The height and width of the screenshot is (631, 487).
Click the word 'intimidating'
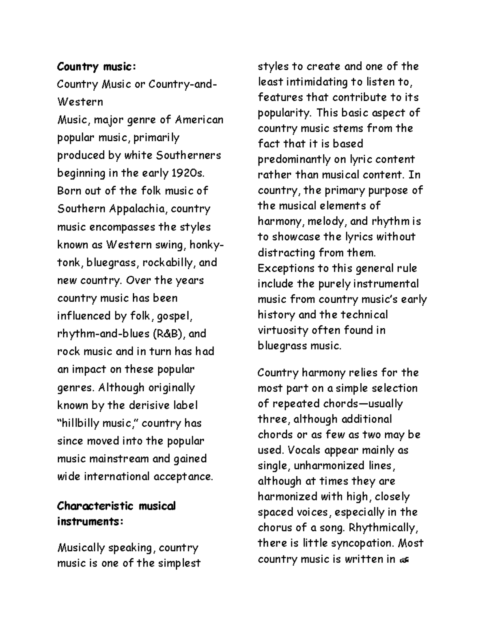tap(317, 82)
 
